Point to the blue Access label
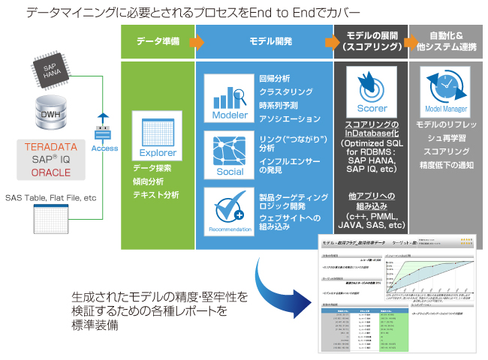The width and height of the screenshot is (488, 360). (104, 148)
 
